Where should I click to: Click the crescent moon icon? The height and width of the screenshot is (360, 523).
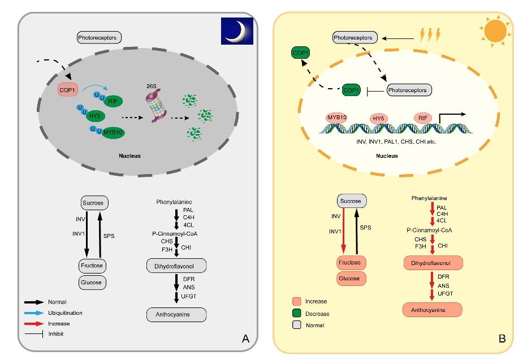point(236,30)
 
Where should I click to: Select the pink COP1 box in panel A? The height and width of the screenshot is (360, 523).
point(67,89)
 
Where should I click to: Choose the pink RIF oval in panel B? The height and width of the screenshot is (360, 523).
point(422,118)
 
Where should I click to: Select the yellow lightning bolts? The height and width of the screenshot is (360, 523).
point(430,36)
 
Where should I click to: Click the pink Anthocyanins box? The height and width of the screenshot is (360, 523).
point(432,310)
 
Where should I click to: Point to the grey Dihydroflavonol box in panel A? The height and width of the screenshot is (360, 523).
point(176,265)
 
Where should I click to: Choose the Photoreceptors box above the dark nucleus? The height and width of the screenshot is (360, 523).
point(99,38)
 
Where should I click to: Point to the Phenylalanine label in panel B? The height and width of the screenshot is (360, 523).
point(431,198)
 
